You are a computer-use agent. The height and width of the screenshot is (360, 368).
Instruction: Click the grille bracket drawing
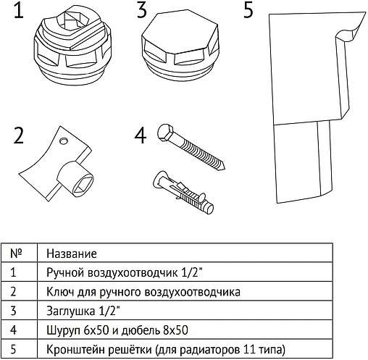click(303, 109)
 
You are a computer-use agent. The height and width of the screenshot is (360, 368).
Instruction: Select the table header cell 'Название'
click(70, 254)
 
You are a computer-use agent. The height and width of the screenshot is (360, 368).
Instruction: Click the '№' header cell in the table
click(17, 254)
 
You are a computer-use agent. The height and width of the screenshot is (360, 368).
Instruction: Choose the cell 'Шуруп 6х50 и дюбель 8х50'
click(117, 330)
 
